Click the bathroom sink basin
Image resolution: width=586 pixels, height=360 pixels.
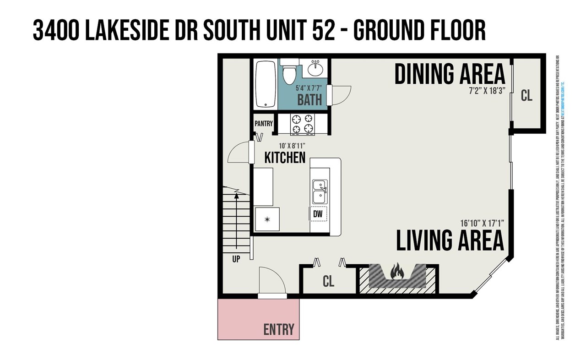tap(315, 70)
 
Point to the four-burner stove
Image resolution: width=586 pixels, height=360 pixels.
tap(302, 124)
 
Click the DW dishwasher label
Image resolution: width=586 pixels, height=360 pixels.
tap(318, 213)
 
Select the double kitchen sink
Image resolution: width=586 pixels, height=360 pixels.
tap(320, 191)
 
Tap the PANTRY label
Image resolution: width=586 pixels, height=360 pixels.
tap(264, 124)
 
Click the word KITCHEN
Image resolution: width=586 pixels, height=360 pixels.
tap(285, 158)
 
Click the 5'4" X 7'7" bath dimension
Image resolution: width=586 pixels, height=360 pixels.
tap(309, 88)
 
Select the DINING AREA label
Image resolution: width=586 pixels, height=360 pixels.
tap(450, 74)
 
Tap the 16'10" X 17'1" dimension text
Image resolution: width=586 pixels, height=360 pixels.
tap(482, 224)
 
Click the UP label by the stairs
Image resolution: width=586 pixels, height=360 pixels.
tap(236, 259)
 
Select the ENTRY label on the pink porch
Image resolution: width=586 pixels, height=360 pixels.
tap(278, 329)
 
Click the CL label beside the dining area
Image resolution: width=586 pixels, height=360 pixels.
tap(526, 96)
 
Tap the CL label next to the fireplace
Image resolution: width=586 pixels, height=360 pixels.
tap(328, 281)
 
